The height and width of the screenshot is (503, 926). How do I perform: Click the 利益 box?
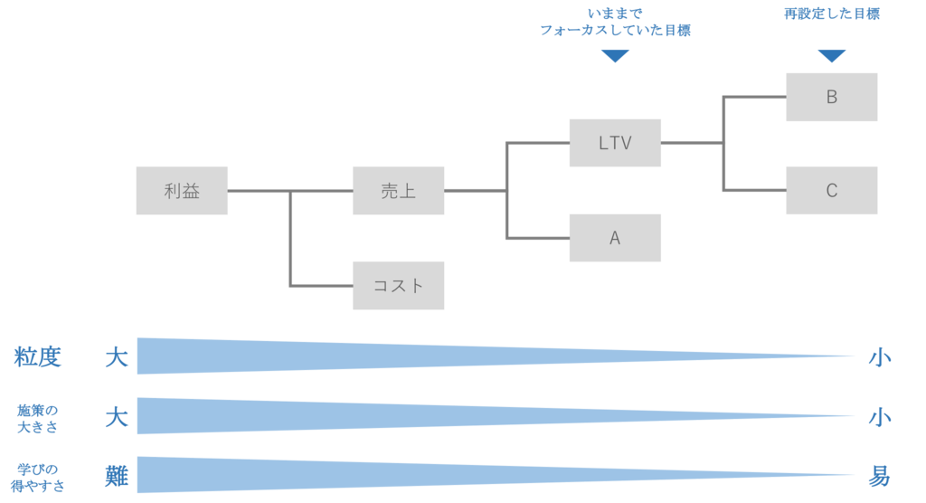click(181, 191)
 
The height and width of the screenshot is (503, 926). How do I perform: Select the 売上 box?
click(398, 191)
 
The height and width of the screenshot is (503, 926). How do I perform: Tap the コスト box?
click(398, 286)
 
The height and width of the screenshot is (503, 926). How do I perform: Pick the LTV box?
click(615, 143)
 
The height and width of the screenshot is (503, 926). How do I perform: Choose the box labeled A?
click(615, 238)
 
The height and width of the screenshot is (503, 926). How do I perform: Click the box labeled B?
click(831, 97)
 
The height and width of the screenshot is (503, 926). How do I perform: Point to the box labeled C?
click(831, 191)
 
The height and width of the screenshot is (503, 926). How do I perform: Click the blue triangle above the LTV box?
click(615, 56)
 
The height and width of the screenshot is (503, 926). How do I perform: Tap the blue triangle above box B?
click(831, 56)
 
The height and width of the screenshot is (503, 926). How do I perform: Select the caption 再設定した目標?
click(831, 14)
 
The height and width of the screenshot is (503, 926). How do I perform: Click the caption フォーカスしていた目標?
click(615, 30)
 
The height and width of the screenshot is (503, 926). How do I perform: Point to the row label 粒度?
click(38, 357)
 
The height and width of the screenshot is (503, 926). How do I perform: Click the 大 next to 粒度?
click(117, 357)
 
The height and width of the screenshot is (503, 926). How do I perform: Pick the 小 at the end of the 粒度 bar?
click(879, 357)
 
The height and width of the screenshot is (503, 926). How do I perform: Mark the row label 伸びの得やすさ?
click(38, 477)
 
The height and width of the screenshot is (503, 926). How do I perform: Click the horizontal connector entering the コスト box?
click(321, 286)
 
